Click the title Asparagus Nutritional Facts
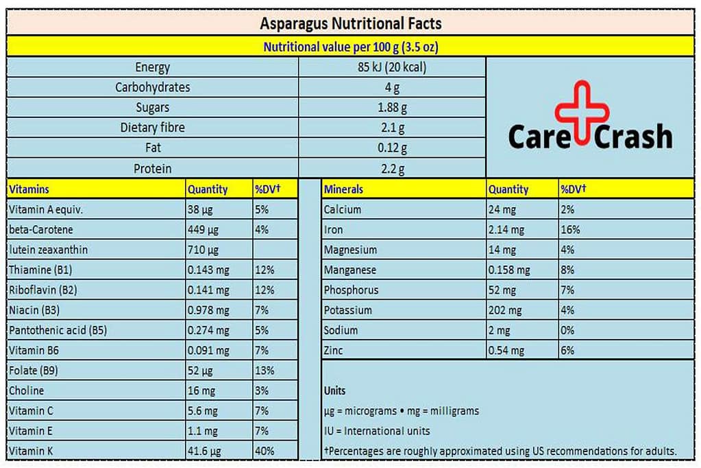[350, 23]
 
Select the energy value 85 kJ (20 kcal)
[391, 67]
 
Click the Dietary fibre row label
[152, 128]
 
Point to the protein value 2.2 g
[391, 169]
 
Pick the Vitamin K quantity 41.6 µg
[203, 451]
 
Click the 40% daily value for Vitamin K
[265, 451]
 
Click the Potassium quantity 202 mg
[506, 310]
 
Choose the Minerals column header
[343, 189]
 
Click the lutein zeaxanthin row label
[48, 250]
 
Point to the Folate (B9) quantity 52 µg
[200, 371]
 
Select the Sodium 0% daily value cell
[567, 330]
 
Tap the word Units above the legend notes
[335, 390]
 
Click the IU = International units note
[377, 431]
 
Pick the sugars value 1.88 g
[391, 108]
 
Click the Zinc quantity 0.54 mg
[506, 351]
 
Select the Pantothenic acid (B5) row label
[58, 330]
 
